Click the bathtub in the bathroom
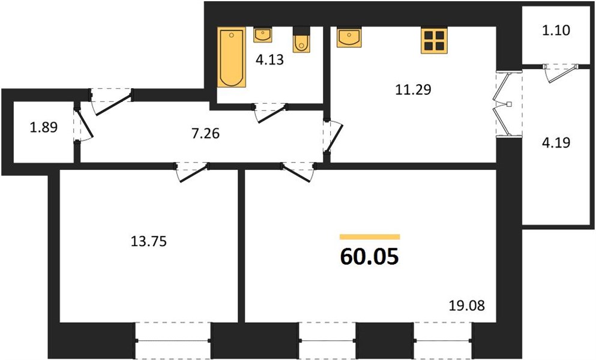[x=231, y=57]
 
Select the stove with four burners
[x=434, y=40]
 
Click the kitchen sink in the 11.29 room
[x=349, y=37]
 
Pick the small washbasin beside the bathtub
[x=262, y=35]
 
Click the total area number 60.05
[x=370, y=257]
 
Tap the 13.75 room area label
[x=149, y=241]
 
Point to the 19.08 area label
[x=467, y=305]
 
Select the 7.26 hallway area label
[x=206, y=133]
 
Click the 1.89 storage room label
[x=44, y=127]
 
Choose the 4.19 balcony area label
[x=556, y=143]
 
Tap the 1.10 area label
[x=556, y=30]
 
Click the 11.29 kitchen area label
[x=413, y=90]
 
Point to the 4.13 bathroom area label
[x=269, y=59]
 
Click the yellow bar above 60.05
[x=370, y=237]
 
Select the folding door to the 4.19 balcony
[x=502, y=103]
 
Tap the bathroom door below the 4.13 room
[x=270, y=113]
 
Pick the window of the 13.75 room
[x=173, y=341]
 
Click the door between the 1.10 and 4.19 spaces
[x=560, y=72]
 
